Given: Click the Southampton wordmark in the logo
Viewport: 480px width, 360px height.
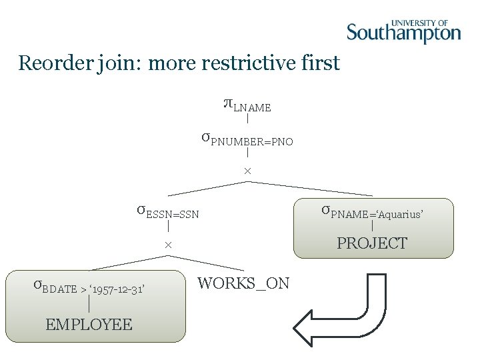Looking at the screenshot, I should pos(403,33).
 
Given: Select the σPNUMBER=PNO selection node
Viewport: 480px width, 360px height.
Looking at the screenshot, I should pos(247,139).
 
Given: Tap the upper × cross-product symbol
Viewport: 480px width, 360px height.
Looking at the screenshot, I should pos(247,172).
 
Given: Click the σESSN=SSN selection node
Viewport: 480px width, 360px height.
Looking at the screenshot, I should pos(167,212).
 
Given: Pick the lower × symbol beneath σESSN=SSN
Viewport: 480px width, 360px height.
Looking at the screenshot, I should pos(169,246).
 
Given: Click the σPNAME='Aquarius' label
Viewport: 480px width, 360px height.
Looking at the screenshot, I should pos(372,212).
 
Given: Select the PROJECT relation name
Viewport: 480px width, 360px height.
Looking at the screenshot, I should pos(372,243).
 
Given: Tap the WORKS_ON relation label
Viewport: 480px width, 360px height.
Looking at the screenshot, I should pos(243,283).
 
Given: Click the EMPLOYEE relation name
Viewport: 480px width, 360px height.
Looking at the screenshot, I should pos(89,325).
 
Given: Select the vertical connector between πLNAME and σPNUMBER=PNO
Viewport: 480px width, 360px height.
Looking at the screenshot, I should pos(247,120).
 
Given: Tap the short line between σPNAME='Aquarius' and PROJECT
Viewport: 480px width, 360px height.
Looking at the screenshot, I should pos(372,227).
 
